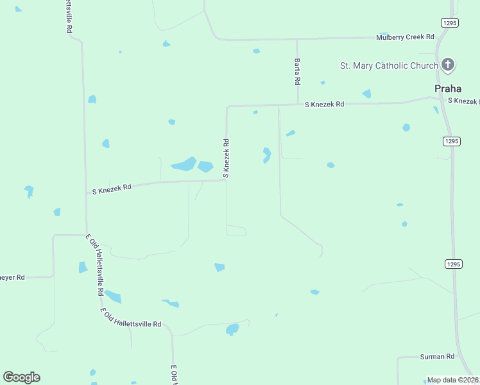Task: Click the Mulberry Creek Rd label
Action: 405,37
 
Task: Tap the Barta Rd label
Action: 297,71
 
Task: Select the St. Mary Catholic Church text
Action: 389,65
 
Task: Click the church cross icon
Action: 448,65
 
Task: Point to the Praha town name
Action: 447,89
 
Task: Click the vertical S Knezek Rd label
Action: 226,158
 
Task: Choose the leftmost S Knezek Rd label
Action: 112,189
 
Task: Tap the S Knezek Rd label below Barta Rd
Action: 324,104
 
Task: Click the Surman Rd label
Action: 437,356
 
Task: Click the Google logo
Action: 21,377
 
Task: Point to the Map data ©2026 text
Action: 453,380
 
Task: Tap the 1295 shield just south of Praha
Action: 451,141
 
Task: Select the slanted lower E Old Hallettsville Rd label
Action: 130,318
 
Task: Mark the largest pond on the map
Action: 184,164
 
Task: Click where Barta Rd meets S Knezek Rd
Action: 297,104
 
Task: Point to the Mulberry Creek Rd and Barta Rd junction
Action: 296,39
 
